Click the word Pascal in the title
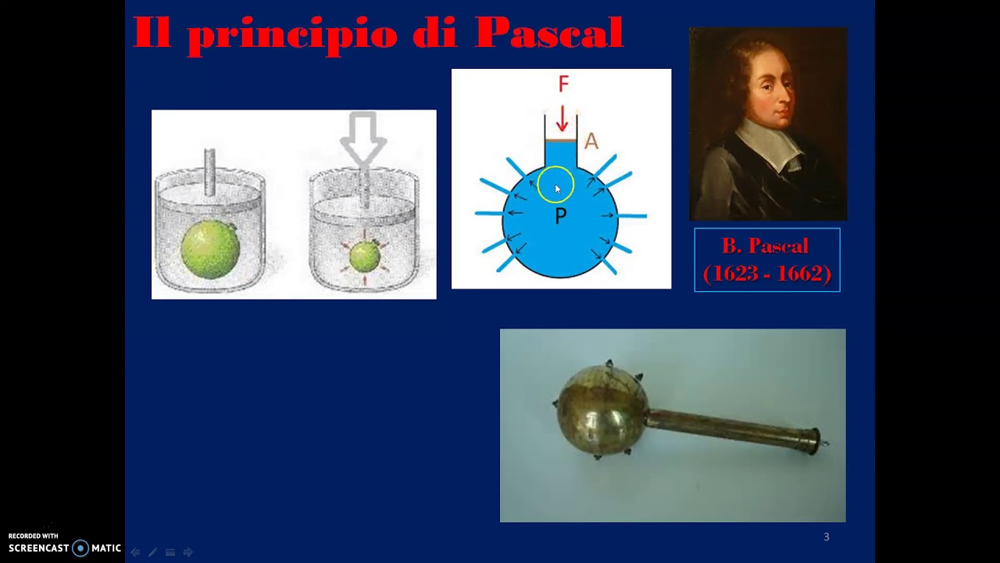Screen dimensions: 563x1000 click(549, 33)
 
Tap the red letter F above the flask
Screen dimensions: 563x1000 click(563, 84)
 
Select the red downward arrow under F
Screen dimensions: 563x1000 click(562, 119)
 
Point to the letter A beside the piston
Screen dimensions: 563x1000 click(591, 142)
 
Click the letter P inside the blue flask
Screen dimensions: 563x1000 click(560, 217)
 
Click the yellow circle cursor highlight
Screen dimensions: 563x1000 click(555, 185)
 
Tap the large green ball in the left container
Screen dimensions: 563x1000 click(209, 249)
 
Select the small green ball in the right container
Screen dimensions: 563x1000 click(364, 256)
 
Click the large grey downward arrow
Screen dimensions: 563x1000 click(363, 138)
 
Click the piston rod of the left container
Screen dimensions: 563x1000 click(209, 171)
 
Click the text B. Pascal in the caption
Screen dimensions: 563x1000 click(765, 246)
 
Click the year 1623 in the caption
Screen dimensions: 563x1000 click(735, 273)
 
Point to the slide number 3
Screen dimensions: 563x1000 click(827, 536)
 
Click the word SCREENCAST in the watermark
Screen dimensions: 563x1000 click(39, 548)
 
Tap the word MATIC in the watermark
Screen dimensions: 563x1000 click(106, 548)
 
